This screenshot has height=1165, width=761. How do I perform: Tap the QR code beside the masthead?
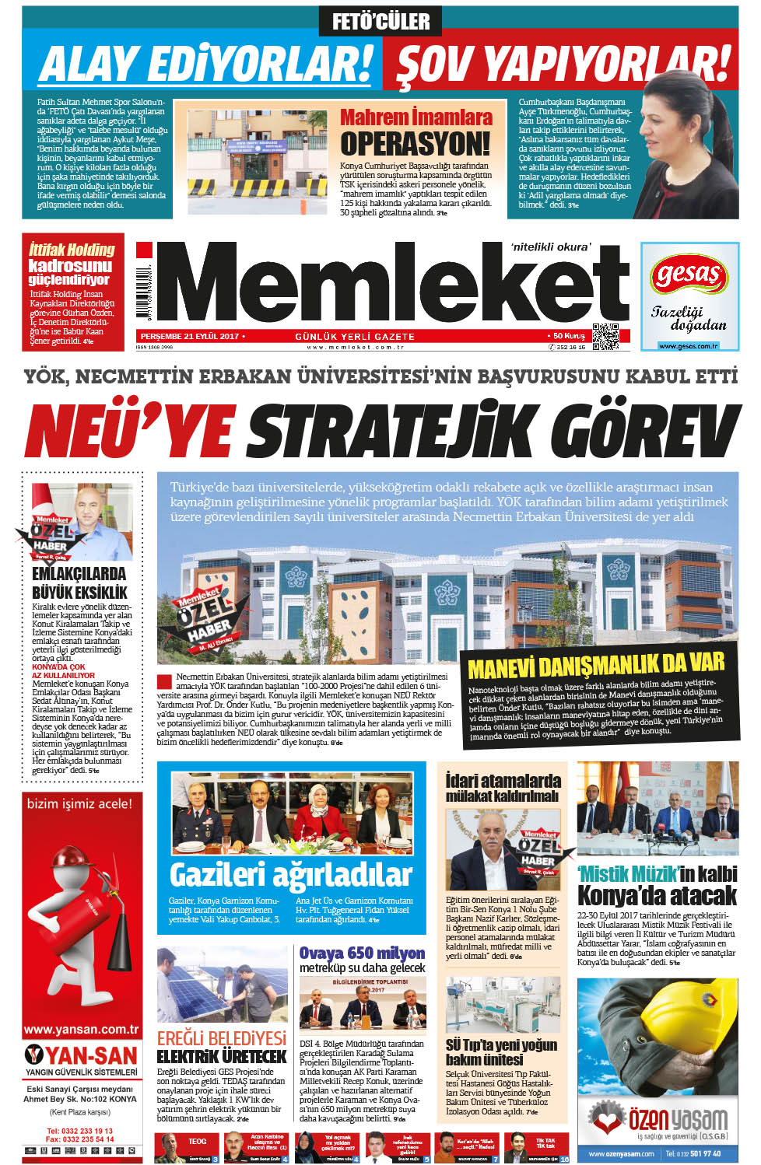pos(605,336)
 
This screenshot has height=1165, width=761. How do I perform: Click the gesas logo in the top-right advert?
pos(689,275)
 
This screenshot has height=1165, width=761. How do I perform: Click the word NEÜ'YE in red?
pos(128,430)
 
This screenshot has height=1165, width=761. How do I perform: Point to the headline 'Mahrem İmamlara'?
pos(416,117)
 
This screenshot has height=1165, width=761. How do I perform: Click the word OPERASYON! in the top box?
pos(416,144)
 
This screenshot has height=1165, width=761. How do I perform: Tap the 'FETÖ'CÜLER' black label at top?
pos(380,21)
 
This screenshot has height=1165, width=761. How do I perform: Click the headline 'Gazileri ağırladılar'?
pos(290,875)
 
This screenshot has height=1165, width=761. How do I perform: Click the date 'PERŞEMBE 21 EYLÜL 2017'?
pos(189,336)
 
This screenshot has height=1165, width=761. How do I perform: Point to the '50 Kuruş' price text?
pos(569,336)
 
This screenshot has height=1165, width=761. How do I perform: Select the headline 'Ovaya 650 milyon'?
pos(362,953)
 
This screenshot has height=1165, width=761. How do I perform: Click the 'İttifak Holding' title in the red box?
pos(72,250)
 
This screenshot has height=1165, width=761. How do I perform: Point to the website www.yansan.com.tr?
pos(81,1029)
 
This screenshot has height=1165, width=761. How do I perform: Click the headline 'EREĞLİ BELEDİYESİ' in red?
pos(222,1038)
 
